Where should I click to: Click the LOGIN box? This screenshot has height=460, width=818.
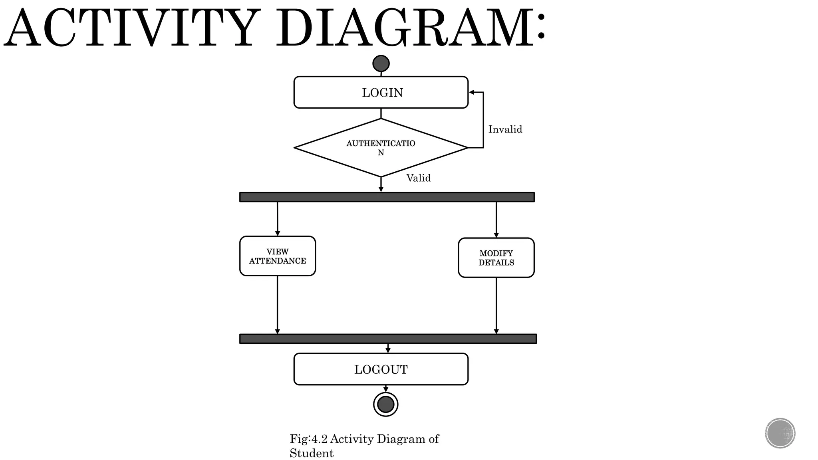tap(381, 92)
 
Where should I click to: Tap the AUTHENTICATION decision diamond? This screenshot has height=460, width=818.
tap(381, 148)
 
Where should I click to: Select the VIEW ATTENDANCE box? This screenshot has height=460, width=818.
tap(277, 256)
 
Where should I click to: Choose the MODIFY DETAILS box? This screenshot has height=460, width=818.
tap(496, 258)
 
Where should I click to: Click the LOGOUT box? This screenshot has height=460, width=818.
tap(381, 369)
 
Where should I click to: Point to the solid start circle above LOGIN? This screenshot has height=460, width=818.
tap(381, 63)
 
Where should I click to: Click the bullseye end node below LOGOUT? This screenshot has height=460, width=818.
tap(386, 404)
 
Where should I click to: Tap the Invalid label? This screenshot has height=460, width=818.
tap(505, 129)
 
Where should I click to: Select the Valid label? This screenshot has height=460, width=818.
tap(419, 178)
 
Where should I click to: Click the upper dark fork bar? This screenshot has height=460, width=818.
tap(387, 197)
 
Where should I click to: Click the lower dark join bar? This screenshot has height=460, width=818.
tap(387, 339)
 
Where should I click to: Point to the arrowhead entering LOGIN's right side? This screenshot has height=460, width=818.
tap(472, 92)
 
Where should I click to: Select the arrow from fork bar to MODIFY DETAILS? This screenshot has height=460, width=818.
tap(496, 220)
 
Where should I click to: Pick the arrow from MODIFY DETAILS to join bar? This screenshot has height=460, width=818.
tap(496, 305)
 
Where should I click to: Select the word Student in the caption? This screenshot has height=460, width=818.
tap(312, 453)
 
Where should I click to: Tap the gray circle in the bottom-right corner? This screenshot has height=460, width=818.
tap(780, 433)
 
